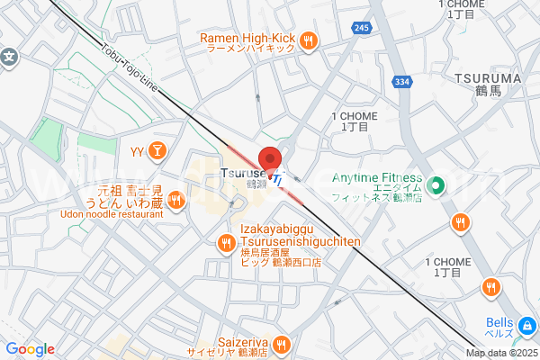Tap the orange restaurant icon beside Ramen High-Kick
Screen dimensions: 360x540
[x=309, y=39]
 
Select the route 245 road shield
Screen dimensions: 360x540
[x=362, y=29]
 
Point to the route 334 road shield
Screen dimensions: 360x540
[x=402, y=82]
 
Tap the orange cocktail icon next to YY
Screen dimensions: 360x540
[x=157, y=150]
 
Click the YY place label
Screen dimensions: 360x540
[x=138, y=150]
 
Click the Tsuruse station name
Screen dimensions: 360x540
[x=243, y=173]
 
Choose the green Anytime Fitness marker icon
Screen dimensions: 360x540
[x=436, y=186]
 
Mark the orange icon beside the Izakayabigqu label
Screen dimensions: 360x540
[x=226, y=241]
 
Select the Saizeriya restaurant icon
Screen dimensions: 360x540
[x=281, y=343]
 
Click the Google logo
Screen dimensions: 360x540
[x=31, y=349]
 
